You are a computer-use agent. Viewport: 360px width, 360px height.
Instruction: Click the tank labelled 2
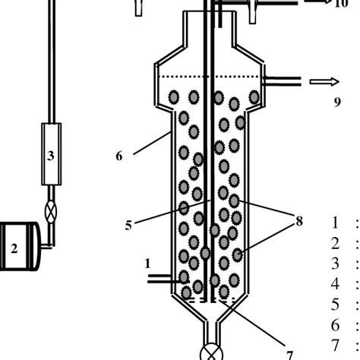tap(19, 246)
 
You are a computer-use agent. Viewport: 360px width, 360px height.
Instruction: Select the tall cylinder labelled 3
tap(52, 154)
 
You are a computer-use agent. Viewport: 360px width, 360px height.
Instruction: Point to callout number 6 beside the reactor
tap(119, 156)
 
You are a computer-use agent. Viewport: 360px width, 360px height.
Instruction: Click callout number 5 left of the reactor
tap(128, 225)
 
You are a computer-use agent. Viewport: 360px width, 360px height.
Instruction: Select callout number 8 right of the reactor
tap(299, 221)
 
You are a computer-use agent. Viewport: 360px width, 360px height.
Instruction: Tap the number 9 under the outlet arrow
tap(337, 103)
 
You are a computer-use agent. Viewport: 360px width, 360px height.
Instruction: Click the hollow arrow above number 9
tap(324, 81)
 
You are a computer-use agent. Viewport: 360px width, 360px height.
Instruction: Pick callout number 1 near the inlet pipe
tap(147, 264)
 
